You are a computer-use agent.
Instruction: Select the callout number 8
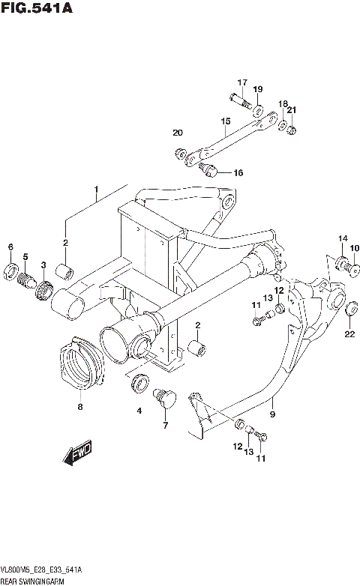[79, 408]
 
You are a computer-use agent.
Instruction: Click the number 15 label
[224, 121]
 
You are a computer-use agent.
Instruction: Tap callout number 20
[178, 133]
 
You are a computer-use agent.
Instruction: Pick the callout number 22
[349, 333]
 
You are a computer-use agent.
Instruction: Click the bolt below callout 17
[238, 99]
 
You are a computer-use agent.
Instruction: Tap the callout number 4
[138, 410]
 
